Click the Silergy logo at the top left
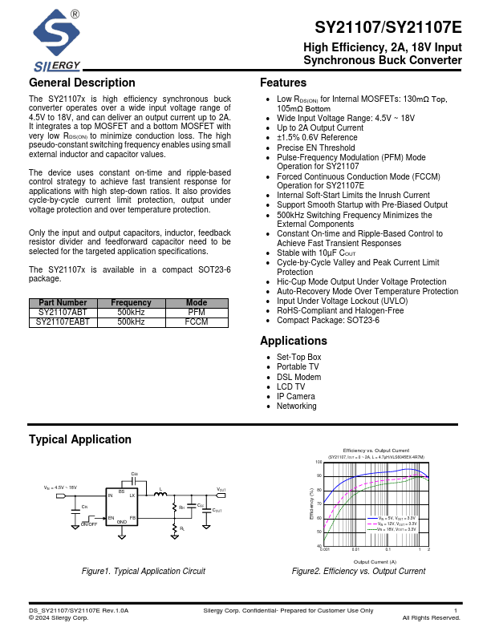(x=56, y=40)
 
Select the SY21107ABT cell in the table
(x=63, y=312)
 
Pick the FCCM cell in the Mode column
(x=197, y=322)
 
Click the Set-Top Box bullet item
(x=298, y=358)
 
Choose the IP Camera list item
(x=295, y=396)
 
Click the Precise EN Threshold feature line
(x=315, y=148)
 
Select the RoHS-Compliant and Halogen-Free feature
(x=340, y=310)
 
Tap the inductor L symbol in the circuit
(x=160, y=495)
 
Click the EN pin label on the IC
(x=112, y=518)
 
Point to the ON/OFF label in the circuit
(x=89, y=524)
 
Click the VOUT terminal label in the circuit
(x=221, y=489)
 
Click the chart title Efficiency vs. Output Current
(x=375, y=451)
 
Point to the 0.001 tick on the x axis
(x=325, y=550)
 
